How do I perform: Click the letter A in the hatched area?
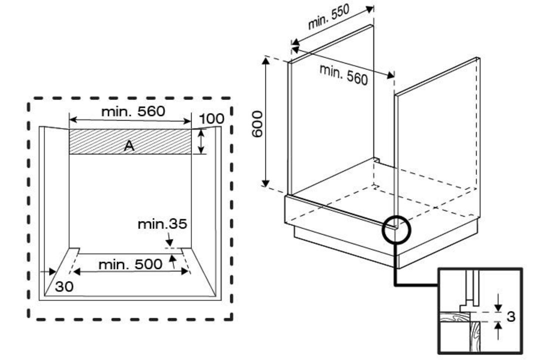(x=129, y=145)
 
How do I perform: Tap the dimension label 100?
(x=211, y=119)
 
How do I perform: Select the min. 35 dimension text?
(x=162, y=224)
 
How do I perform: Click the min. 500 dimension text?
(x=130, y=264)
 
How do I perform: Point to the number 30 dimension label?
(x=64, y=286)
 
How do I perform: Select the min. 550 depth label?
(x=328, y=17)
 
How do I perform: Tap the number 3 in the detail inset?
(x=511, y=316)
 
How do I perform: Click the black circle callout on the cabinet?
(x=396, y=229)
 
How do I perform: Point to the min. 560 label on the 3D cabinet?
(x=343, y=74)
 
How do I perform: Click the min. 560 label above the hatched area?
(x=133, y=111)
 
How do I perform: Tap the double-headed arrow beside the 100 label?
(x=200, y=141)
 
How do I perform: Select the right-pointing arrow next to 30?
(x=48, y=271)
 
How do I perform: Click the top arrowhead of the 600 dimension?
(x=266, y=61)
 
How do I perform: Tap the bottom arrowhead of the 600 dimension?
(x=266, y=183)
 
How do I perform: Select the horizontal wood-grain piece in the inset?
(x=455, y=317)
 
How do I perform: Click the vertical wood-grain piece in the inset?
(x=475, y=336)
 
